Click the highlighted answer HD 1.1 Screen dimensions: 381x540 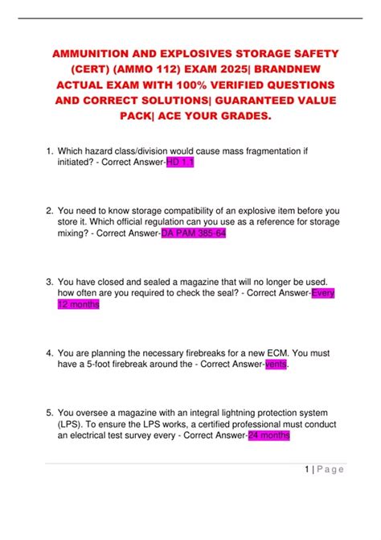coord(180,163)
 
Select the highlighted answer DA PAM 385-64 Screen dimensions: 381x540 coord(193,234)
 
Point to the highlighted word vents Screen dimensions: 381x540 coord(276,365)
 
